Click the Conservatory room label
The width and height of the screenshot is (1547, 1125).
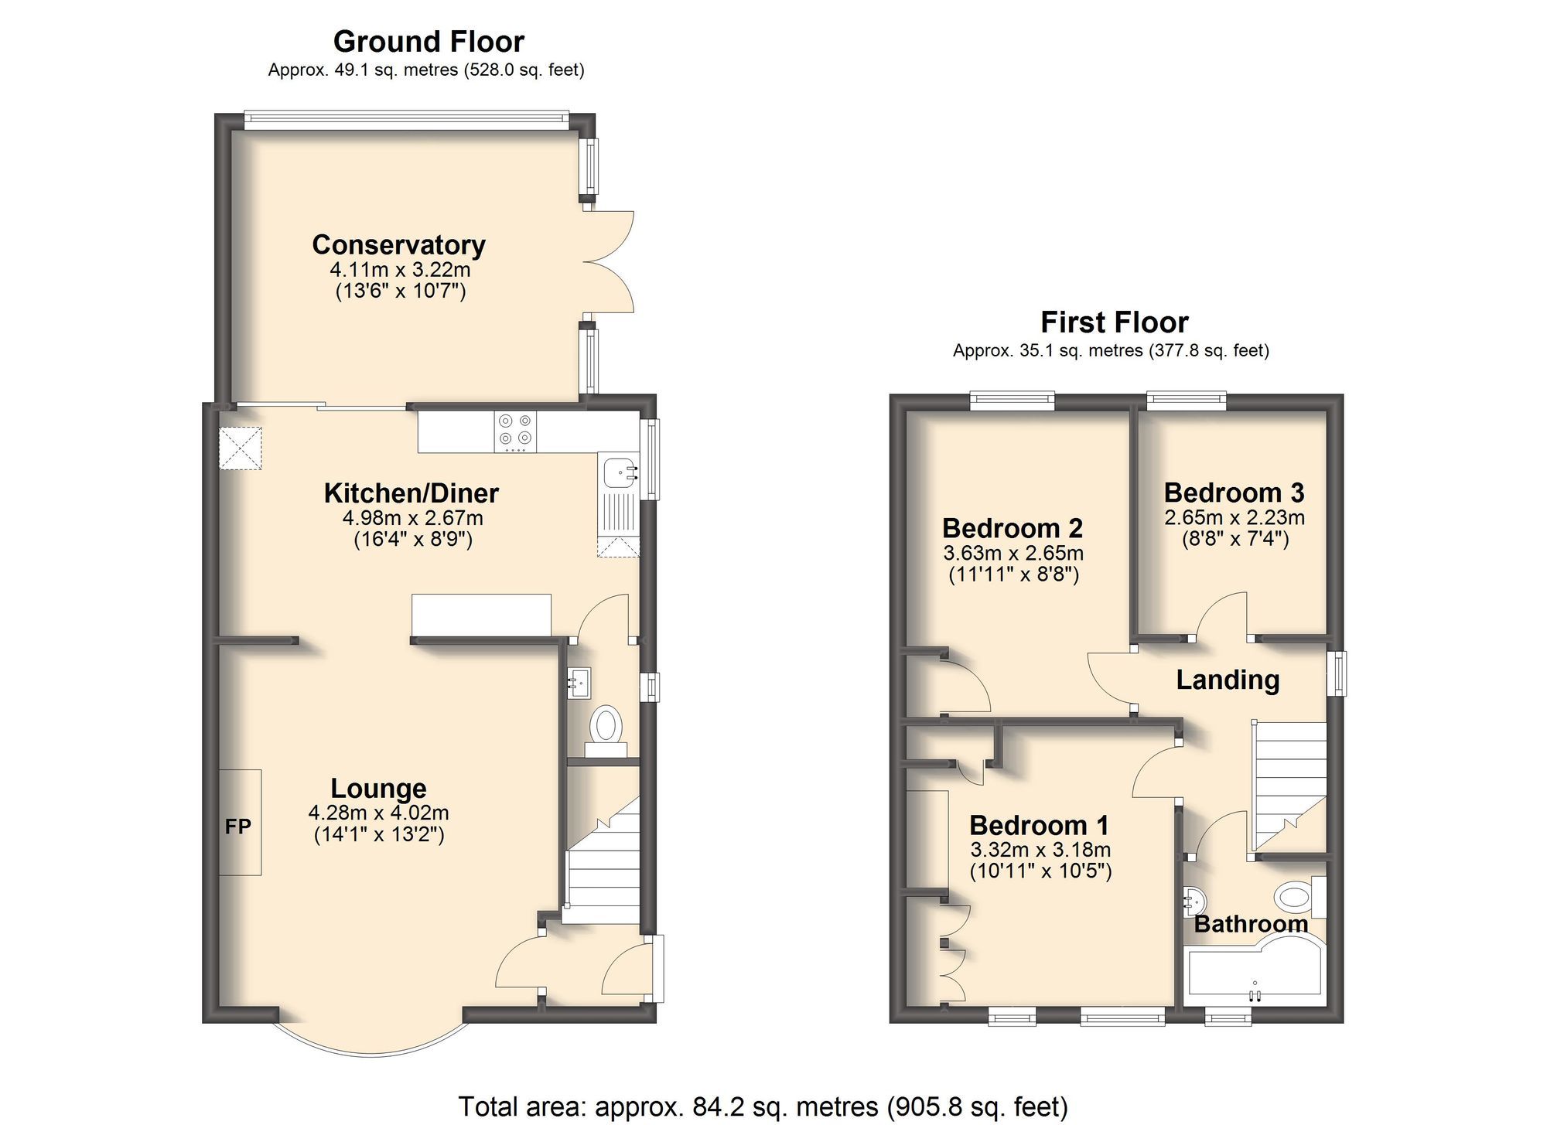click(398, 244)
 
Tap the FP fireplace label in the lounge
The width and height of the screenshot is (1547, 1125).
click(238, 827)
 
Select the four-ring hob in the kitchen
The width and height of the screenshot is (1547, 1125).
click(515, 431)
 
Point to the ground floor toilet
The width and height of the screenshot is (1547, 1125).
click(606, 729)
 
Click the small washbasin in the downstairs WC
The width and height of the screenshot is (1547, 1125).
click(578, 683)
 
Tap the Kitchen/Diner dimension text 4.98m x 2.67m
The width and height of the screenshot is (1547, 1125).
click(412, 518)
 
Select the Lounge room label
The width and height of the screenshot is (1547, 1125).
click(378, 788)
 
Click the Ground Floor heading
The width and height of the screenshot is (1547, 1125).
click(429, 41)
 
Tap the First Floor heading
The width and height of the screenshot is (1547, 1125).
click(1114, 322)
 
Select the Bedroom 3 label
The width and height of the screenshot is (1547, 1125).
click(1234, 493)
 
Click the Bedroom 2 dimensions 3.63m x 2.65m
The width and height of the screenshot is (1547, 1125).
click(1013, 554)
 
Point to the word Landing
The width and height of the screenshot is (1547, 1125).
click(1228, 680)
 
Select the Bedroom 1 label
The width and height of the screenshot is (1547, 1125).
click(1039, 825)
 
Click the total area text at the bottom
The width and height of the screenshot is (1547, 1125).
click(763, 1106)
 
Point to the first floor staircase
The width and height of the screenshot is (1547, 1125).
click(1287, 785)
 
